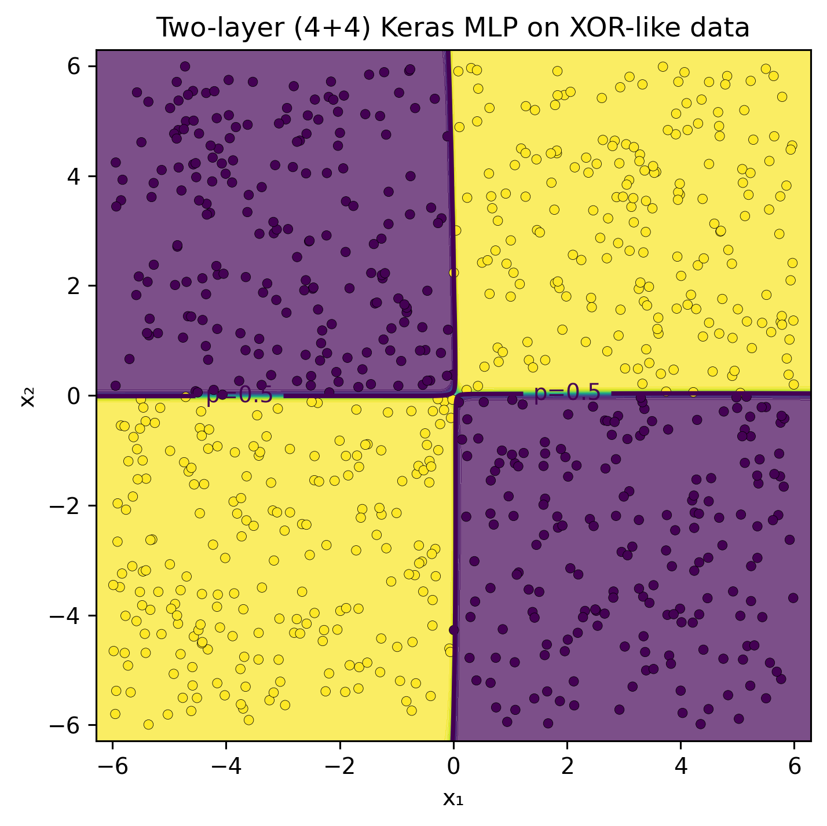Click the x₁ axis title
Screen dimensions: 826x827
[453, 799]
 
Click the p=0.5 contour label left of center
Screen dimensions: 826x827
[239, 395]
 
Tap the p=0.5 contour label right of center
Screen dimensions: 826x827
[567, 394]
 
